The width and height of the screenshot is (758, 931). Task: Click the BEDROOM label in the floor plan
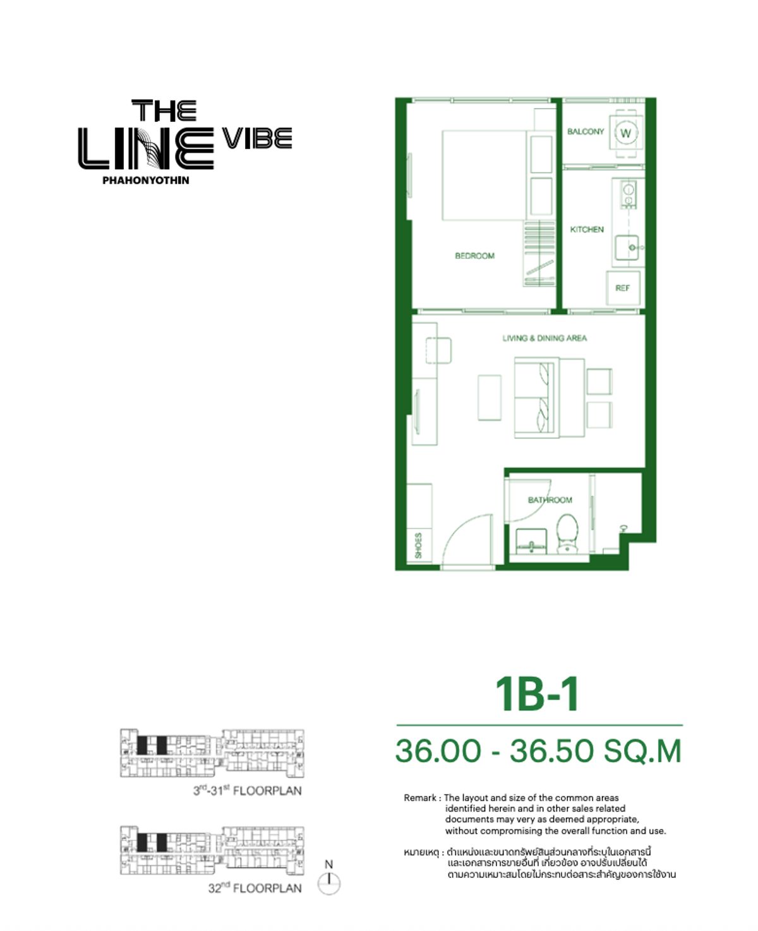(474, 256)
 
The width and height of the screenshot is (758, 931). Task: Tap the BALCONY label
(586, 131)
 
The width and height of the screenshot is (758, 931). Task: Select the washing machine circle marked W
(625, 133)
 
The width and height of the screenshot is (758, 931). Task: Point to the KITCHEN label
(587, 229)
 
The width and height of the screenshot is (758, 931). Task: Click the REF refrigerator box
(623, 288)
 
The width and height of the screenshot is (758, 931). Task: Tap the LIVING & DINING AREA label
(544, 338)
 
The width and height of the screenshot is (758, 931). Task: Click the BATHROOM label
(550, 500)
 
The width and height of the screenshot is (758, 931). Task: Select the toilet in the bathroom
(567, 532)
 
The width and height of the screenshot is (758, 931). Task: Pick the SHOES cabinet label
(418, 545)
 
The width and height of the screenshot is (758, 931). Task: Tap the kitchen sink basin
(627, 247)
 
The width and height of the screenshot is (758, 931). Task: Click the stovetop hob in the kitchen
(629, 195)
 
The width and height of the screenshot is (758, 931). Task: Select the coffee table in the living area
(490, 397)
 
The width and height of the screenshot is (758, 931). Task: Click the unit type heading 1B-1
(537, 694)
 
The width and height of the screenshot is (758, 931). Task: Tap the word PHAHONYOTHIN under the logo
(146, 180)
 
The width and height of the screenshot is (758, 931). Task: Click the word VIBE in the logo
(257, 138)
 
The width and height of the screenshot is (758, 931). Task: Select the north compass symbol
(328, 882)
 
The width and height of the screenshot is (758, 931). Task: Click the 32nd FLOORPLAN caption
(255, 888)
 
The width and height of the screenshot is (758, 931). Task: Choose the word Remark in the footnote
(419, 798)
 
